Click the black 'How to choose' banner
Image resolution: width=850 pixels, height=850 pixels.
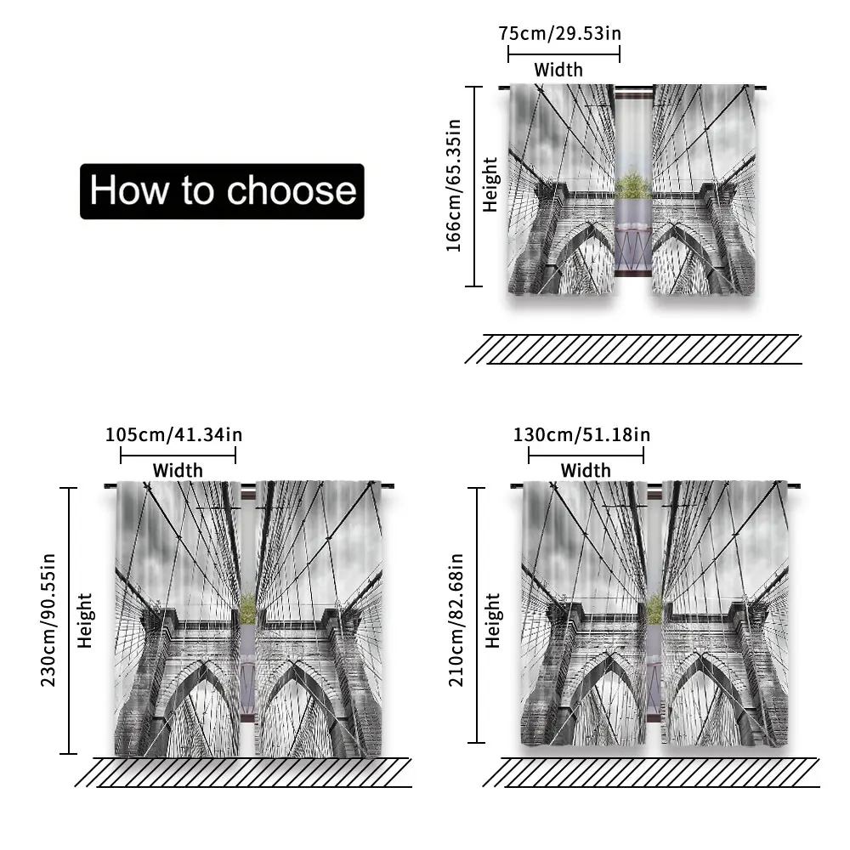tap(222, 191)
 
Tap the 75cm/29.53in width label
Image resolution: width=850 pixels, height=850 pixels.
tap(560, 34)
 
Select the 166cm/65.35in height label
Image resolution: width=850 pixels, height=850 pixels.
tap(453, 186)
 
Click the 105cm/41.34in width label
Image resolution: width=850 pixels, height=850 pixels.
tap(173, 434)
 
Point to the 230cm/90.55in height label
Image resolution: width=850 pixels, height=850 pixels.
tap(48, 620)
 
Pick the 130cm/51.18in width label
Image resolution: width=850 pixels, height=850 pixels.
tap(581, 434)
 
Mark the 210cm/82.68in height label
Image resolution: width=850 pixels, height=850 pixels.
tap(456, 620)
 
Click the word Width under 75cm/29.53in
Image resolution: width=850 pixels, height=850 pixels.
tap(558, 70)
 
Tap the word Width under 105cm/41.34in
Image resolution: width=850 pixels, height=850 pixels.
tap(178, 470)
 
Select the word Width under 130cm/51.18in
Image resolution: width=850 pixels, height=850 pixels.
tap(586, 470)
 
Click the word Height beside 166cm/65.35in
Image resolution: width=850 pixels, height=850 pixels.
tap(490, 184)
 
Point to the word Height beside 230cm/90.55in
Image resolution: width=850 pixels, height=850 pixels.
tap(85, 620)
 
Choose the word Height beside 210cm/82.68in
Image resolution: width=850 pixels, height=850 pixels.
tap(492, 620)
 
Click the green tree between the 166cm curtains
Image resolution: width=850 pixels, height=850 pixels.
tap(632, 184)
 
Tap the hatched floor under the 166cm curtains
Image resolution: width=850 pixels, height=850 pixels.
tap(633, 349)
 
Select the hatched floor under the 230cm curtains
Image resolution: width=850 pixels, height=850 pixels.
tap(243, 773)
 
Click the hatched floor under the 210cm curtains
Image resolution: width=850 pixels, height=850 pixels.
tap(651, 773)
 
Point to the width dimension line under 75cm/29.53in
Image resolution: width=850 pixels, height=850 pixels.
tap(564, 54)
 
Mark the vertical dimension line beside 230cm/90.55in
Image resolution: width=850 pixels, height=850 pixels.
tap(68, 620)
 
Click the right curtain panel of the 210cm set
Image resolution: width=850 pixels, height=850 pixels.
tap(725, 613)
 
